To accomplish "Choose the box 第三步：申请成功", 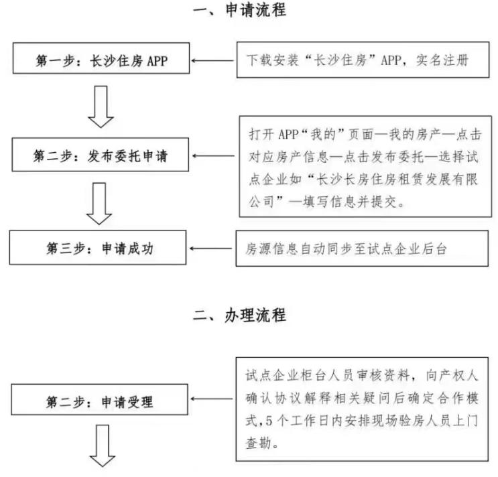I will pos(101,247).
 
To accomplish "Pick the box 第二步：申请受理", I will pos(101,403).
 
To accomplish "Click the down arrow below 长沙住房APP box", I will pos(101,108).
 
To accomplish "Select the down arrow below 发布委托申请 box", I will pos(101,204).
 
